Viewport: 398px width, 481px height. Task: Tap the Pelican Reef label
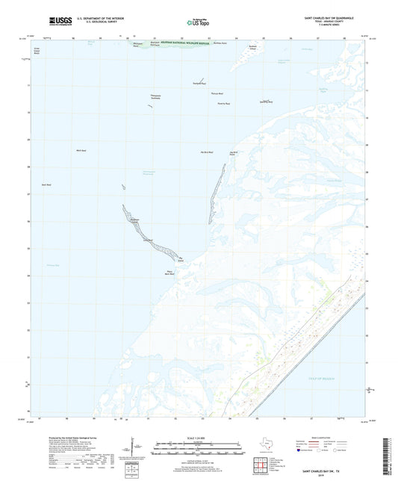pyautogui.click(x=217, y=93)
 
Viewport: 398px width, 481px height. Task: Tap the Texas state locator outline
pyautogui.click(x=267, y=447)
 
